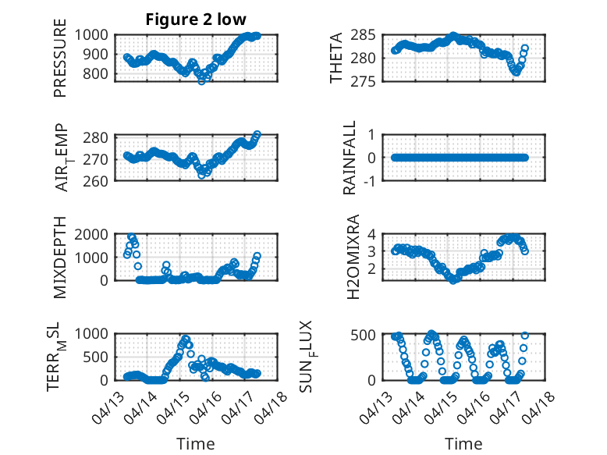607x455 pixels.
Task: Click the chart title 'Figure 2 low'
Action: (x=196, y=20)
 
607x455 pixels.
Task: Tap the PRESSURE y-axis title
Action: (x=60, y=58)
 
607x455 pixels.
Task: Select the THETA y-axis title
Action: (x=336, y=58)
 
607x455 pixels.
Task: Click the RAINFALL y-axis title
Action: (x=350, y=158)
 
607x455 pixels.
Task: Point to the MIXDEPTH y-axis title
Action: (x=60, y=257)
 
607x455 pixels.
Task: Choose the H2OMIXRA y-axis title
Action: (x=353, y=257)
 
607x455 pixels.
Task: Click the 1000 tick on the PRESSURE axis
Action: (x=91, y=35)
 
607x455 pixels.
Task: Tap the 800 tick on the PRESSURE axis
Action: (x=96, y=73)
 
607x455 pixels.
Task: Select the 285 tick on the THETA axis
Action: (x=363, y=35)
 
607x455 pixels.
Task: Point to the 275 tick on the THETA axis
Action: (x=363, y=81)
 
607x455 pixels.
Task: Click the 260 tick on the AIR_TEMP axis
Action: (x=96, y=181)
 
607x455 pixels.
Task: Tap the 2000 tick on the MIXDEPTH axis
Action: (x=91, y=234)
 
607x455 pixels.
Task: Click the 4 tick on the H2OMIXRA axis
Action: (x=371, y=234)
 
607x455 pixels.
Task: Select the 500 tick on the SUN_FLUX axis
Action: (x=363, y=335)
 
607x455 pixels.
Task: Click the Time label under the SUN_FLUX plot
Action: (x=463, y=444)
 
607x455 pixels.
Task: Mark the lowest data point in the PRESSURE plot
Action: (x=201, y=81)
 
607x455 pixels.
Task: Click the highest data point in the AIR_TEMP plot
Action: (x=257, y=134)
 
